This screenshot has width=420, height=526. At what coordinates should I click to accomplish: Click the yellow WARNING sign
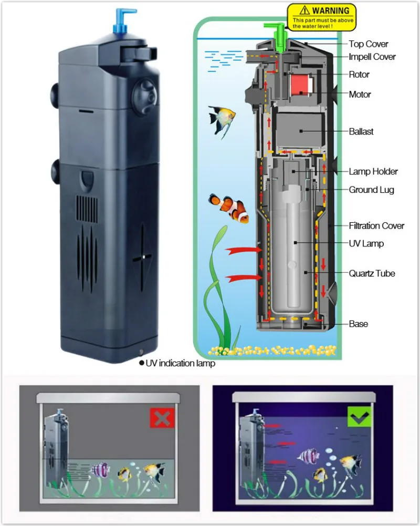coord(321,17)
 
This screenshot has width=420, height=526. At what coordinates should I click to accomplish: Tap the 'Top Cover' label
coord(369,44)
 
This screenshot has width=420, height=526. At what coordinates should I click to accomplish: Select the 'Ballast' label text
coord(361,131)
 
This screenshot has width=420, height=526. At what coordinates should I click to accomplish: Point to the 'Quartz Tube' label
coord(372,273)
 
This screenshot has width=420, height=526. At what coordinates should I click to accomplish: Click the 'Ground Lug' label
coord(371,190)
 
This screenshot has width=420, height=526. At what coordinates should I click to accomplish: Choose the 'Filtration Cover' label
coord(376,226)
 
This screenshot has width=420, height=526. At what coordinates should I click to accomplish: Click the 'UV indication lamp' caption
coord(180,363)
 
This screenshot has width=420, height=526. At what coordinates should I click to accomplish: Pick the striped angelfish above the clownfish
coord(221,117)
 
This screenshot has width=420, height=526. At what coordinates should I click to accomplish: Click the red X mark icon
coord(162,418)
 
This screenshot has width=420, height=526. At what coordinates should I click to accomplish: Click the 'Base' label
coord(358,324)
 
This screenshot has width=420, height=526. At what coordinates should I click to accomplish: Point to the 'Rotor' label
coord(359,75)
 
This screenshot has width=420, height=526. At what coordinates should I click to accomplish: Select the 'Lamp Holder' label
coord(373,171)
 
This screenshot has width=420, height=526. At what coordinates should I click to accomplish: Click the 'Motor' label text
coord(360,95)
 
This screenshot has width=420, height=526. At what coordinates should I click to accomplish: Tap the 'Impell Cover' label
coord(372,57)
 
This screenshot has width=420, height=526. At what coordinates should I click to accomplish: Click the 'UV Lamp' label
coord(366,243)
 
